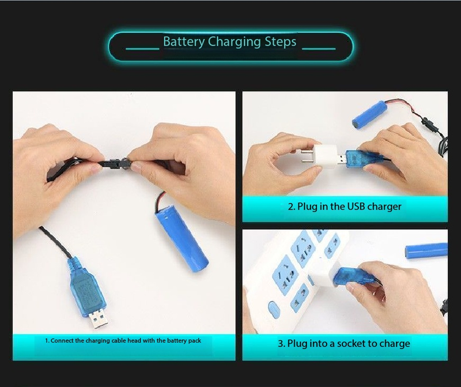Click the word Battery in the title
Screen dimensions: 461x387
click(184, 41)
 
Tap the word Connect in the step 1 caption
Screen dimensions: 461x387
click(62, 340)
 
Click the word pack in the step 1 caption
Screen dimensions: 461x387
click(195, 341)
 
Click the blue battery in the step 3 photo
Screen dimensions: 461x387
click(426, 251)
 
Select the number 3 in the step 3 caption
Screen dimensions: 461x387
click(281, 344)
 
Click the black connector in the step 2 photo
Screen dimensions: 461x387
click(426, 122)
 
